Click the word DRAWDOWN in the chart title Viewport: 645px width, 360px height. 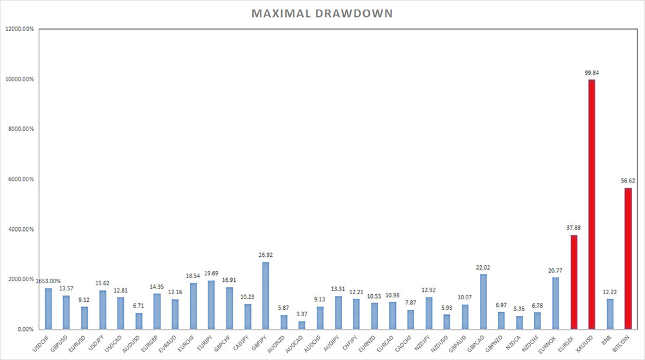353,14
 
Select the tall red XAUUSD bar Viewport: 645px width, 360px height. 591,205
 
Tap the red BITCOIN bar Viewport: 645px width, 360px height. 628,259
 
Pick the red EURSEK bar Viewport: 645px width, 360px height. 573,282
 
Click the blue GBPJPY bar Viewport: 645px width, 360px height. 266,296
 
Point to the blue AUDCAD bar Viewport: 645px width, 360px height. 302,325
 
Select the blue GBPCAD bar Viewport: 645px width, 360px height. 483,302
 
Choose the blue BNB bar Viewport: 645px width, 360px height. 610,314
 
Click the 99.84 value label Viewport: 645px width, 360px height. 591,73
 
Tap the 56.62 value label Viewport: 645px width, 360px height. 628,181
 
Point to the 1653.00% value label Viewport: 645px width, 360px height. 48,281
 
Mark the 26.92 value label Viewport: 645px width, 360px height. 266,255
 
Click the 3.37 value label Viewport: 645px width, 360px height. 302,314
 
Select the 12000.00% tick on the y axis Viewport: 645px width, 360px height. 20,29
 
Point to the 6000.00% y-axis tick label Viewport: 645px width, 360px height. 21,179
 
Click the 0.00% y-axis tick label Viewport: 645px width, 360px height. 26,329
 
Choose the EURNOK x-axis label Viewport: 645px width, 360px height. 547,344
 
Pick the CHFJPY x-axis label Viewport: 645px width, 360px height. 350,343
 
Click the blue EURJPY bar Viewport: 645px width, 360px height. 212,305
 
